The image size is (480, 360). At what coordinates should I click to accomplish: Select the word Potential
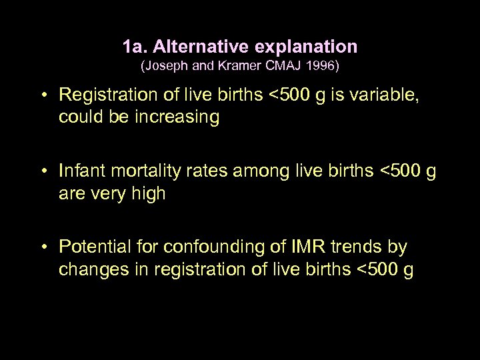point(93,247)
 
